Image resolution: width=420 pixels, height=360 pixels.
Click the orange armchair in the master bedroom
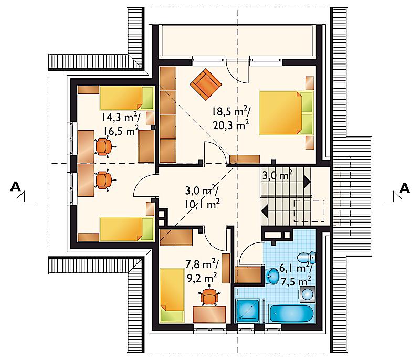(206, 84)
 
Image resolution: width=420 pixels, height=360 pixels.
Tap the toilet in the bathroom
(307, 258)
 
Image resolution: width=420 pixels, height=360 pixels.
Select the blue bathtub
(292, 313)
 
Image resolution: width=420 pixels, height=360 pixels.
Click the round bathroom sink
(272, 276)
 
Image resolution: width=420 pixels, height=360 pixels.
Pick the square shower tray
(247, 311)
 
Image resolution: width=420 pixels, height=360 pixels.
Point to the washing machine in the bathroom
(307, 294)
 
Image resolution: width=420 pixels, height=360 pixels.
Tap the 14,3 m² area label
(120, 117)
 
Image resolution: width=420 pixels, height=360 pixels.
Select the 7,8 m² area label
(202, 265)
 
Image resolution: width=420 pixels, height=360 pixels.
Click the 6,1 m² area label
(295, 268)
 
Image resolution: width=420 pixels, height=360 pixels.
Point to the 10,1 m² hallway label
(202, 205)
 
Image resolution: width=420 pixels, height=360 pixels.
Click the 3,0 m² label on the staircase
(277, 176)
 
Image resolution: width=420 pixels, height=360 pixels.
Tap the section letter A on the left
(15, 186)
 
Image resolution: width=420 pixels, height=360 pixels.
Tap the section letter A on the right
(404, 188)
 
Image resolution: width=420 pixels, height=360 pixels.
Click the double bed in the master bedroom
(286, 113)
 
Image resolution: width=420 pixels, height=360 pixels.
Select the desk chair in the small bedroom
(209, 297)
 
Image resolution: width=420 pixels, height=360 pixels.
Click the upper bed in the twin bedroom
(127, 98)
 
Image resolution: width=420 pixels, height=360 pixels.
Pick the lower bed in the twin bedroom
(127, 229)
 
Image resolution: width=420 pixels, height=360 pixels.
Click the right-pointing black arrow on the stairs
(307, 182)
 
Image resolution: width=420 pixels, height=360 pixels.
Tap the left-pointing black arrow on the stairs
(265, 210)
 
